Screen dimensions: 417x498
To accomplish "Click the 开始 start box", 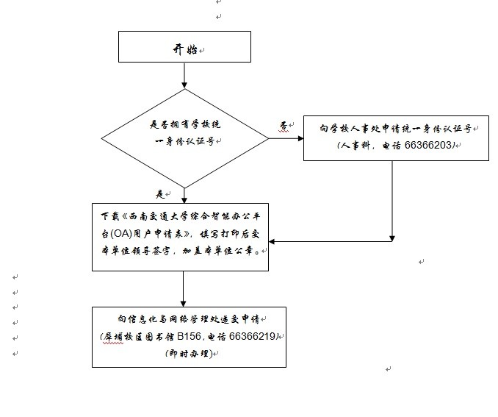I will point(184,48).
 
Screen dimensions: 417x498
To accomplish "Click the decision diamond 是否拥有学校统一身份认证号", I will point(184,138).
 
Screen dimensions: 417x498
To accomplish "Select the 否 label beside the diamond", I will point(284,126).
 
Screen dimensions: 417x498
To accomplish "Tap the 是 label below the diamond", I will point(160,194).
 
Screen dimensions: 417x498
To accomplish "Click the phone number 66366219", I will point(252,336).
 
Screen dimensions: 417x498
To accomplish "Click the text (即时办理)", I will point(188,354).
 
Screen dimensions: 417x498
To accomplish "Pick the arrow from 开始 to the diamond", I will point(184,75).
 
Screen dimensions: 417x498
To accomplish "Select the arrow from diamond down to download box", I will point(184,195).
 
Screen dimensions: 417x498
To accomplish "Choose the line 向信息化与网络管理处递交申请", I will point(188,319).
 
